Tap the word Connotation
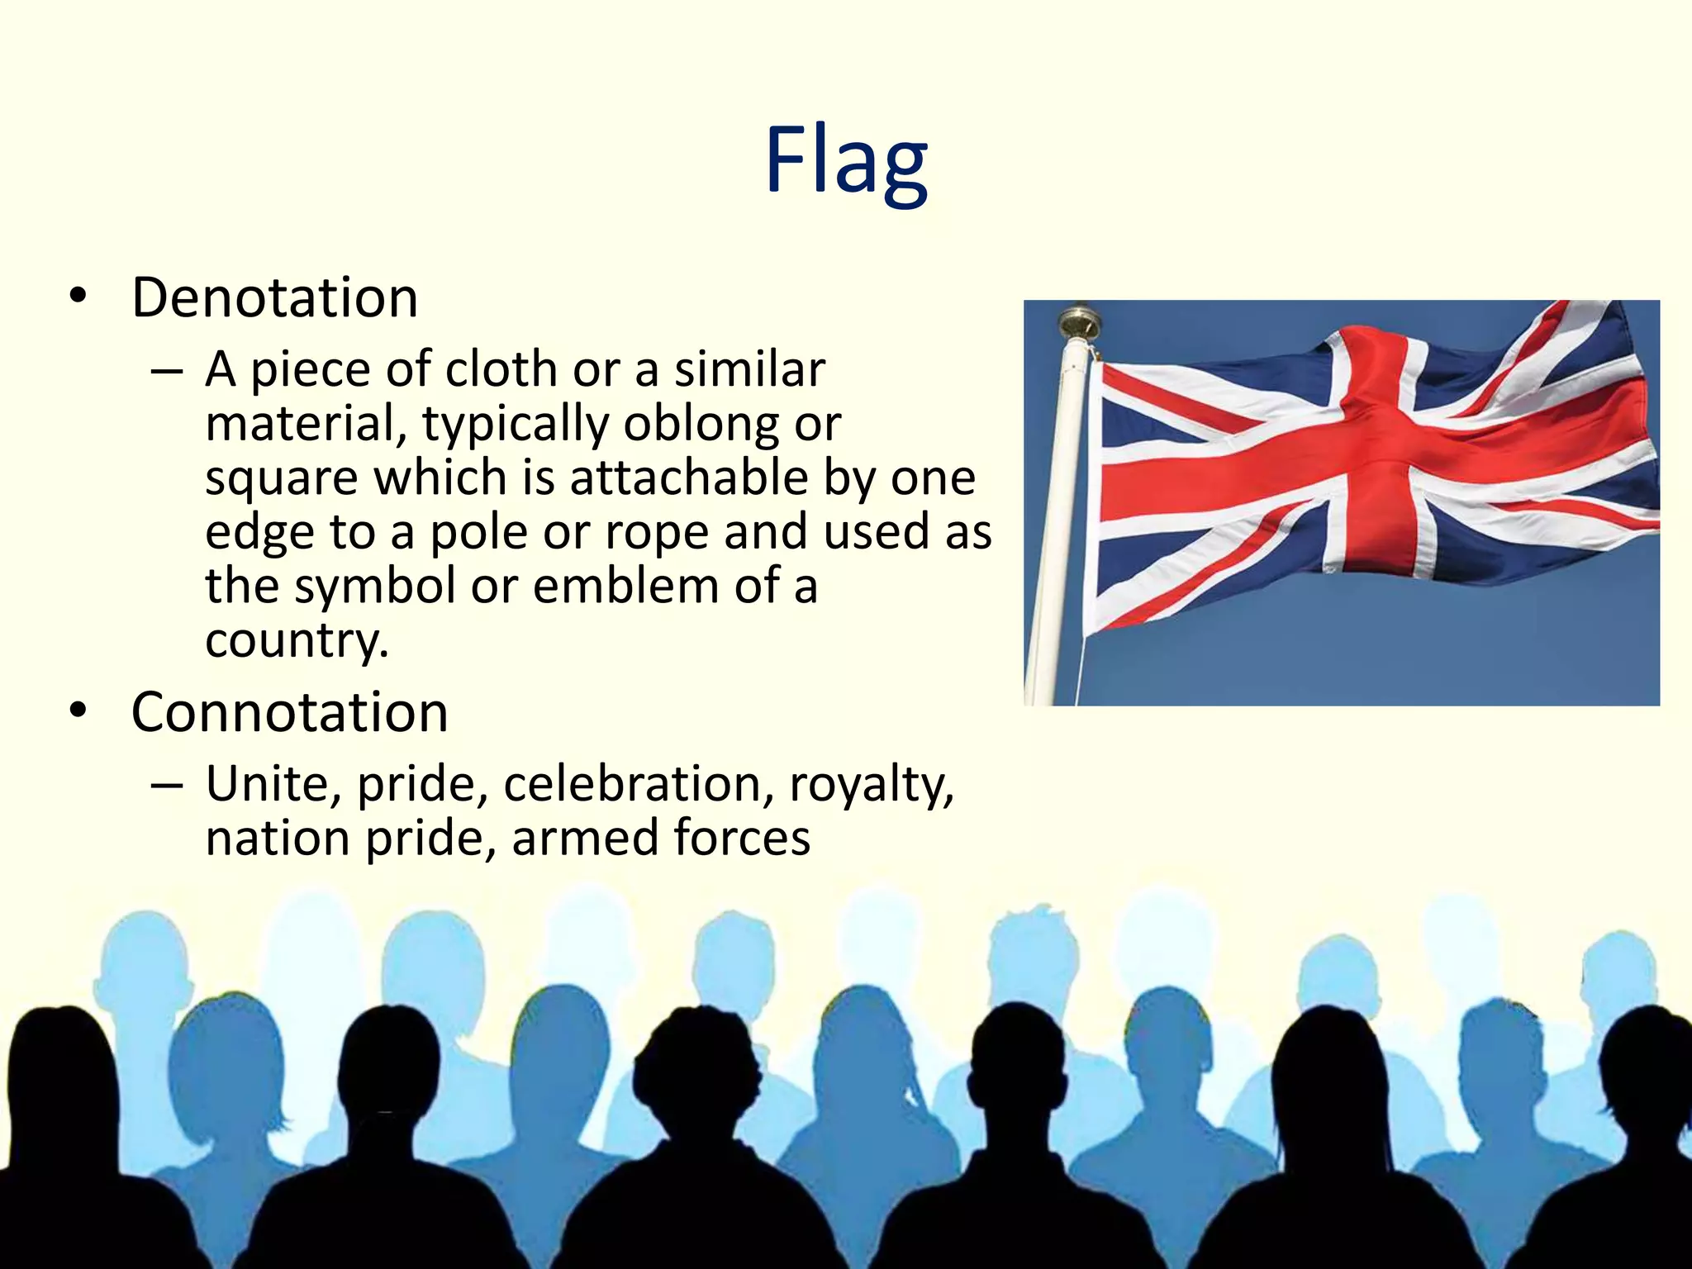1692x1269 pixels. tap(289, 712)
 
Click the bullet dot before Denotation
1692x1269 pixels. tap(78, 297)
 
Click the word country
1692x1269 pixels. tap(296, 641)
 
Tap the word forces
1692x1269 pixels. tap(742, 838)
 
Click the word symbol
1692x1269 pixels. tap(375, 587)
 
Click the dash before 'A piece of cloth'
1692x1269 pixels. tap(167, 372)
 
